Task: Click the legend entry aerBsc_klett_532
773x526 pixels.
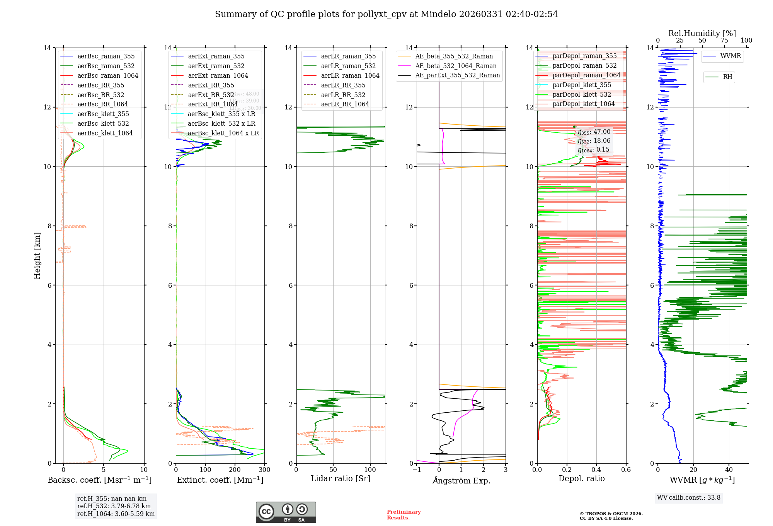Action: click(x=103, y=123)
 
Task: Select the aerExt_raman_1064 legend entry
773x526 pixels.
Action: click(x=218, y=75)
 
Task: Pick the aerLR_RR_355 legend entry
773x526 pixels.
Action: click(x=343, y=85)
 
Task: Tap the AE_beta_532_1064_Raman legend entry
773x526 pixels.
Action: click(x=456, y=66)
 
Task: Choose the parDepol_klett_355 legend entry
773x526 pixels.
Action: click(x=582, y=85)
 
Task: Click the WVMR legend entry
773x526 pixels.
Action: click(x=730, y=56)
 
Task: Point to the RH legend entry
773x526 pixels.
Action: click(x=727, y=77)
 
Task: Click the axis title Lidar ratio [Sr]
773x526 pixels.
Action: click(x=340, y=478)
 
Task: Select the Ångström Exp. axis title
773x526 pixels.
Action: click(x=461, y=480)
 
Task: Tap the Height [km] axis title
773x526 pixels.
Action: click(x=37, y=255)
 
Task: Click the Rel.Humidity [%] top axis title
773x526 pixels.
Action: click(x=702, y=33)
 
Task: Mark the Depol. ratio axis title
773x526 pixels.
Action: click(x=581, y=478)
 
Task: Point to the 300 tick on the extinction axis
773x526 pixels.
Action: click(x=265, y=470)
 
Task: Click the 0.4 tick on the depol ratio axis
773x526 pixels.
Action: click(x=596, y=470)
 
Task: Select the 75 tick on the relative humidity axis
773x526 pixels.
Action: click(x=724, y=40)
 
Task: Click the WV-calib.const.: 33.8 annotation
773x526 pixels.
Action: click(x=688, y=497)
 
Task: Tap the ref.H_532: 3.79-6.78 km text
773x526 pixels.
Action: click(x=114, y=506)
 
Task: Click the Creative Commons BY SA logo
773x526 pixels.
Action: click(x=286, y=512)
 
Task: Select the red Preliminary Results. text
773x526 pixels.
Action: click(x=404, y=514)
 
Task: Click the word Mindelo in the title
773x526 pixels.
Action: click(x=438, y=14)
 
